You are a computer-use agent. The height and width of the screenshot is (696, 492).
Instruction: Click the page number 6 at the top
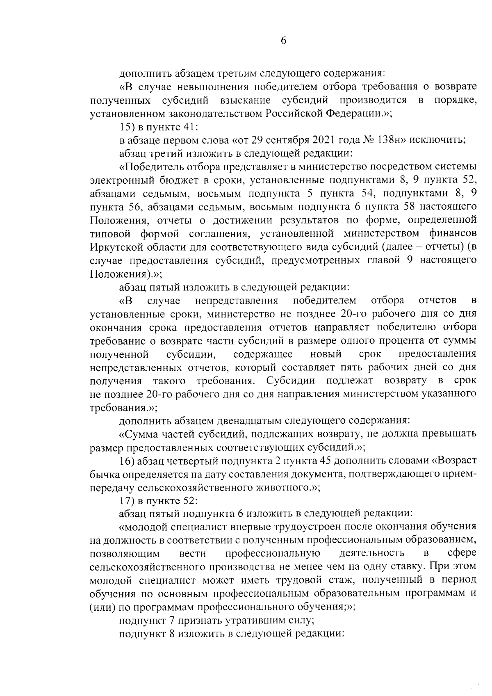pos(283,41)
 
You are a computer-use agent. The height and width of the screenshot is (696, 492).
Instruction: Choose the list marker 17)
pos(127,501)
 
